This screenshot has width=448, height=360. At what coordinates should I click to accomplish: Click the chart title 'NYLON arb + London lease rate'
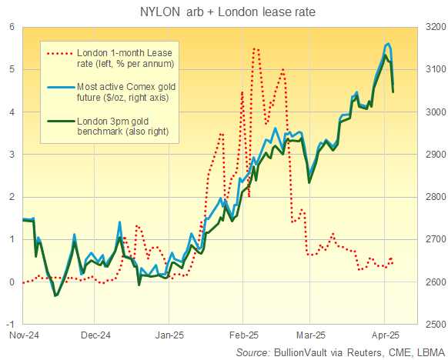tap(223, 12)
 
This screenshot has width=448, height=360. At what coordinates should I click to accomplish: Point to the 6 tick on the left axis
tap(12, 26)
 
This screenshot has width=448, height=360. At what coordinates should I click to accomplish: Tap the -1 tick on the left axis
tap(10, 325)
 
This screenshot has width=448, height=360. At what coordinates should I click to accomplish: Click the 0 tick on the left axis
tap(12, 282)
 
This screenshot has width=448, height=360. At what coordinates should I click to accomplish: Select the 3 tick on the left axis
tap(12, 154)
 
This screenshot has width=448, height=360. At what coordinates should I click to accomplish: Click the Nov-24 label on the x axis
tap(22, 335)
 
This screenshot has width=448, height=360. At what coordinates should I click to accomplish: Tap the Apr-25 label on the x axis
tap(386, 335)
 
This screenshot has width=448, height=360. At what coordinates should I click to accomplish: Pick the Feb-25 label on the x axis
tap(242, 335)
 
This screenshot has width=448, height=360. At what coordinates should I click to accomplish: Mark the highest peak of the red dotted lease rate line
tap(255, 48)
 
